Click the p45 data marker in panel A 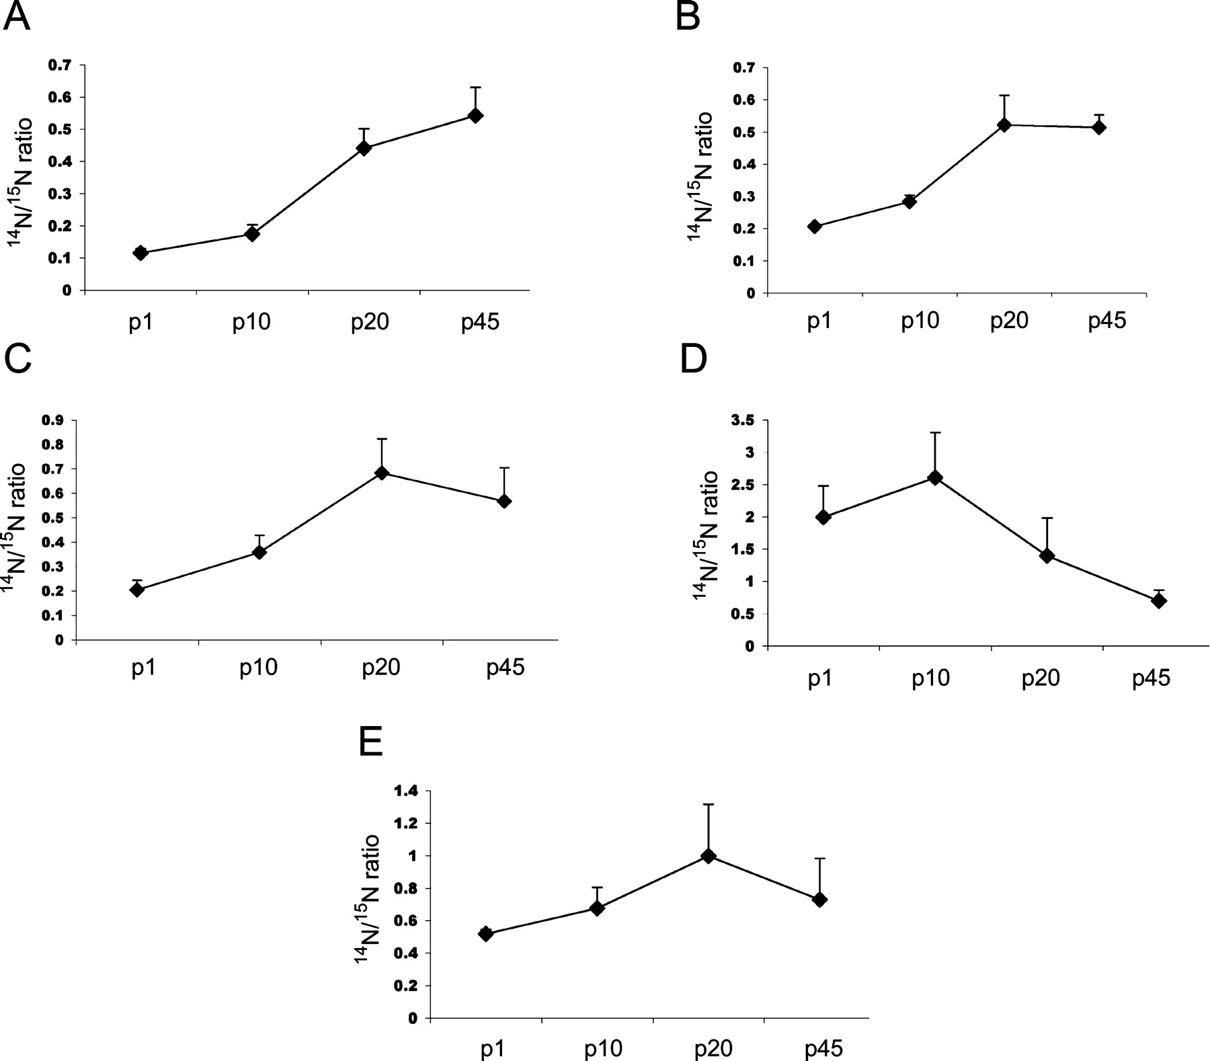(x=475, y=116)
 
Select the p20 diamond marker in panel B (x=1004, y=125)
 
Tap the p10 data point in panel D (x=935, y=477)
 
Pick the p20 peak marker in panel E (x=708, y=856)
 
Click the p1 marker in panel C (x=137, y=590)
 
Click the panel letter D (x=693, y=360)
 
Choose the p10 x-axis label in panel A (x=251, y=323)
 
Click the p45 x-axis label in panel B (x=1106, y=321)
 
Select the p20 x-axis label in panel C (x=381, y=668)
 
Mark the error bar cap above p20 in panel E (x=708, y=804)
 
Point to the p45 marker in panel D (x=1159, y=601)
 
